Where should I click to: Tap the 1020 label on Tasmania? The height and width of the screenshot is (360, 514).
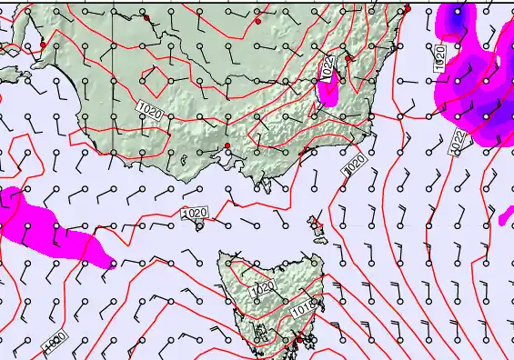click(x=263, y=288)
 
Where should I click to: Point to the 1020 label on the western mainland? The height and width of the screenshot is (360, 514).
click(x=150, y=111)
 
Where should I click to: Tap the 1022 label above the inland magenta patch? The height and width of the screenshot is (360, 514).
click(x=329, y=65)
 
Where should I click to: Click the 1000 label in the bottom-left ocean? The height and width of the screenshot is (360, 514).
click(x=54, y=341)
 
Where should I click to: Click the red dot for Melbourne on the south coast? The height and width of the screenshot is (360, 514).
click(x=227, y=145)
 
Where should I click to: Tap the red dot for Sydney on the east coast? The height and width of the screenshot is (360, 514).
click(x=408, y=9)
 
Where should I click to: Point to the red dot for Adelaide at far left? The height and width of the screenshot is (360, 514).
click(x=43, y=45)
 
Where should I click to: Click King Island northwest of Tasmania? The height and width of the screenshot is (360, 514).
click(x=199, y=225)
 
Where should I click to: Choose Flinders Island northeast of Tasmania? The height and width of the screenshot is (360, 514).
click(x=316, y=224)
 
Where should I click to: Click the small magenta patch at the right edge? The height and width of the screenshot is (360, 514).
click(x=507, y=217)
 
